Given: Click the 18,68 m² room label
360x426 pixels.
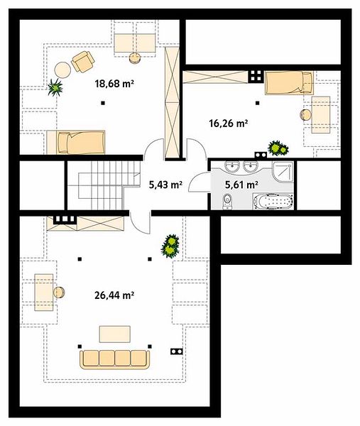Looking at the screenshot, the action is [x=114, y=84].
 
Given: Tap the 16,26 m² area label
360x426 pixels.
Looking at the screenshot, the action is [x=228, y=124].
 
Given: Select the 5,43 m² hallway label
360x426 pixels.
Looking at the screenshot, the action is [x=165, y=185].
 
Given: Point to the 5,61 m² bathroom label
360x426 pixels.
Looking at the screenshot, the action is [x=241, y=185].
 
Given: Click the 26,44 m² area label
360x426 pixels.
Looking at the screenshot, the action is [x=114, y=295].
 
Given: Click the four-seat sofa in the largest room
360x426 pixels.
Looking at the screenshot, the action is [x=114, y=359].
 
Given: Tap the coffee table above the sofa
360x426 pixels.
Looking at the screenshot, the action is [x=114, y=334].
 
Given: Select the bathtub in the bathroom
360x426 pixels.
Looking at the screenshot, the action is [x=273, y=202].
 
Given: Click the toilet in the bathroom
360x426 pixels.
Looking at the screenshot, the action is [x=227, y=202].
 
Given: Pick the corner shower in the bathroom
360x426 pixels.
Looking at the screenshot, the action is [x=283, y=171].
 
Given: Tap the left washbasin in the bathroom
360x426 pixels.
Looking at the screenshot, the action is [x=231, y=165].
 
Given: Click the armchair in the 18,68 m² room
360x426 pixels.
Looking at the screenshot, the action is [x=83, y=62].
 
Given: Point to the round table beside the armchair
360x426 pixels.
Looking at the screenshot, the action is [x=62, y=70].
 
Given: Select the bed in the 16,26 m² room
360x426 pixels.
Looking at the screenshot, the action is [x=289, y=83].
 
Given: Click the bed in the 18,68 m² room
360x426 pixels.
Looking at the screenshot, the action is [x=76, y=143].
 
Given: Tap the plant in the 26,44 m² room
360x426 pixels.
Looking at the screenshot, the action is [x=170, y=246].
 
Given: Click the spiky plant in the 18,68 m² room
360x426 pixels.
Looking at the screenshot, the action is [x=55, y=87].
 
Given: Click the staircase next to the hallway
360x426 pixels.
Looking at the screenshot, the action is [x=104, y=185].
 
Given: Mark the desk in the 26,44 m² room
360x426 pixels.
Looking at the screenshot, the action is [x=44, y=293].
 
